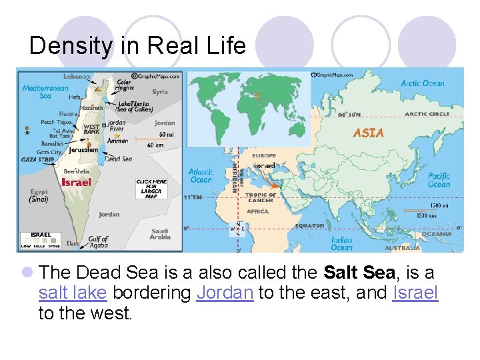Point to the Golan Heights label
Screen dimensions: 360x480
pos(124,85)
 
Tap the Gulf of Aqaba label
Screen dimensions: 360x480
pos(98,242)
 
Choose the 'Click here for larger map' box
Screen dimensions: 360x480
pos(151,189)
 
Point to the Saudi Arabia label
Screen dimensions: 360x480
pos(160,234)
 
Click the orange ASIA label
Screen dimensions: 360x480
pos(368,133)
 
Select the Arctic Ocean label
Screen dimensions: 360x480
pos(423,83)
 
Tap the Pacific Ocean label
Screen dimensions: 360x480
pos(439,180)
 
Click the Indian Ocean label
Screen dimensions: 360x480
pos(341,243)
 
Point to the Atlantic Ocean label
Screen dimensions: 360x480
pos(201,176)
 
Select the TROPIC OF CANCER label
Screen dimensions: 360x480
pos(261,197)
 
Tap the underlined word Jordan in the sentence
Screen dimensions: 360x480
pos(225,293)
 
